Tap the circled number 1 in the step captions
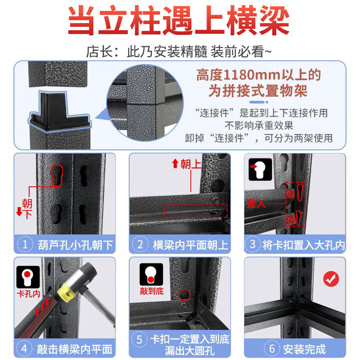tap(25, 245)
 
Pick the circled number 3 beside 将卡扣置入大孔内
tap(253, 245)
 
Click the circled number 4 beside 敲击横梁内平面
tap(25, 348)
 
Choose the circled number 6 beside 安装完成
tap(274, 348)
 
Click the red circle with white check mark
tap(330, 278)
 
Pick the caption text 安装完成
tap(304, 348)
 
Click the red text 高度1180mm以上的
tap(257, 75)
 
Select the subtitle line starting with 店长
tap(179, 51)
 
